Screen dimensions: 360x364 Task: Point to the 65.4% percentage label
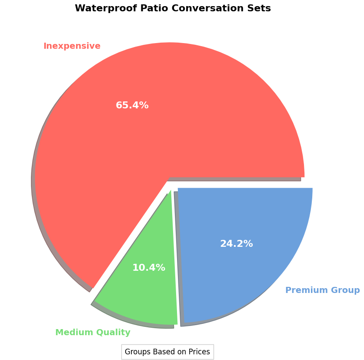coord(132,105)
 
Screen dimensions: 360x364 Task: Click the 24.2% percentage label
coord(236,244)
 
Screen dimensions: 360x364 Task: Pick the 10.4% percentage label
coord(149,268)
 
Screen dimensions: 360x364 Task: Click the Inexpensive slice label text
coord(72,46)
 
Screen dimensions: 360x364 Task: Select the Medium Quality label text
coord(93,333)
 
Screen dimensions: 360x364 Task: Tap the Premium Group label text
coord(322,290)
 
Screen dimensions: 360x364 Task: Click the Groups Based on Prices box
coord(167,352)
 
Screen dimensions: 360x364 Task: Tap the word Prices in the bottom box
coord(199,352)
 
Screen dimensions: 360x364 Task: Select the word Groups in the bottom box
coord(137,352)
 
